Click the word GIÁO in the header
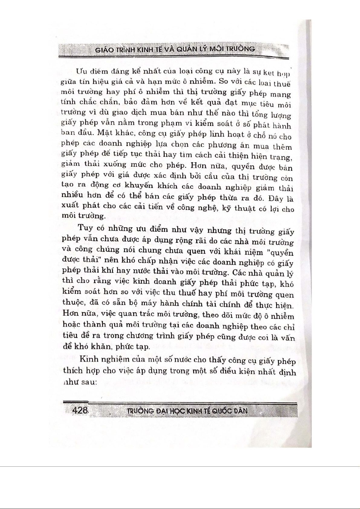105,50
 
